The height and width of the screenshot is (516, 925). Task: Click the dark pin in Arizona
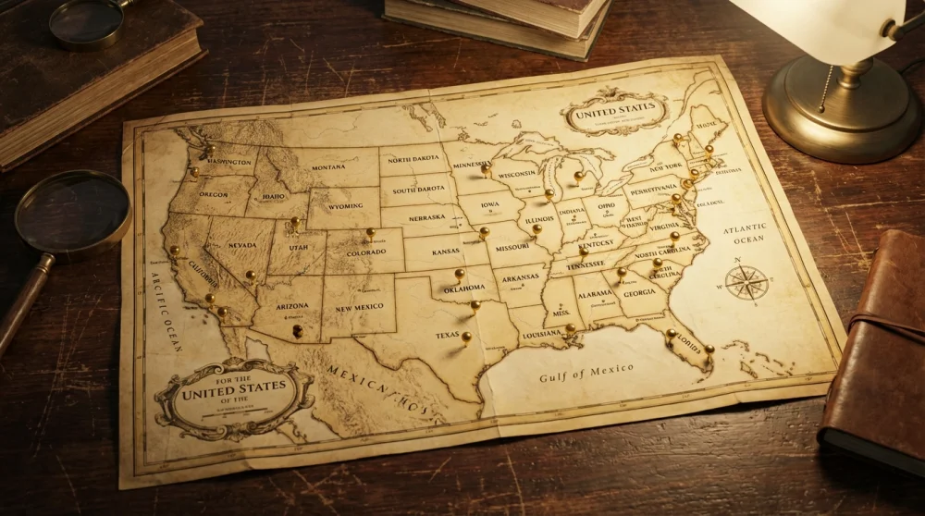click(x=297, y=329)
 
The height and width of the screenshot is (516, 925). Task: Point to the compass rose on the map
click(x=746, y=282)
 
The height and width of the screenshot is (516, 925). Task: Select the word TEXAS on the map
click(x=448, y=335)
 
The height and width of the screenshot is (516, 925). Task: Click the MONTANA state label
click(x=328, y=167)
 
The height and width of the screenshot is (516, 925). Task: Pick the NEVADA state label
click(x=241, y=245)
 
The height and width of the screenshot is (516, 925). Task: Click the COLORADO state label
click(x=366, y=252)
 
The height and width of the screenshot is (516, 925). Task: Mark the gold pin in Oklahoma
click(x=460, y=274)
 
